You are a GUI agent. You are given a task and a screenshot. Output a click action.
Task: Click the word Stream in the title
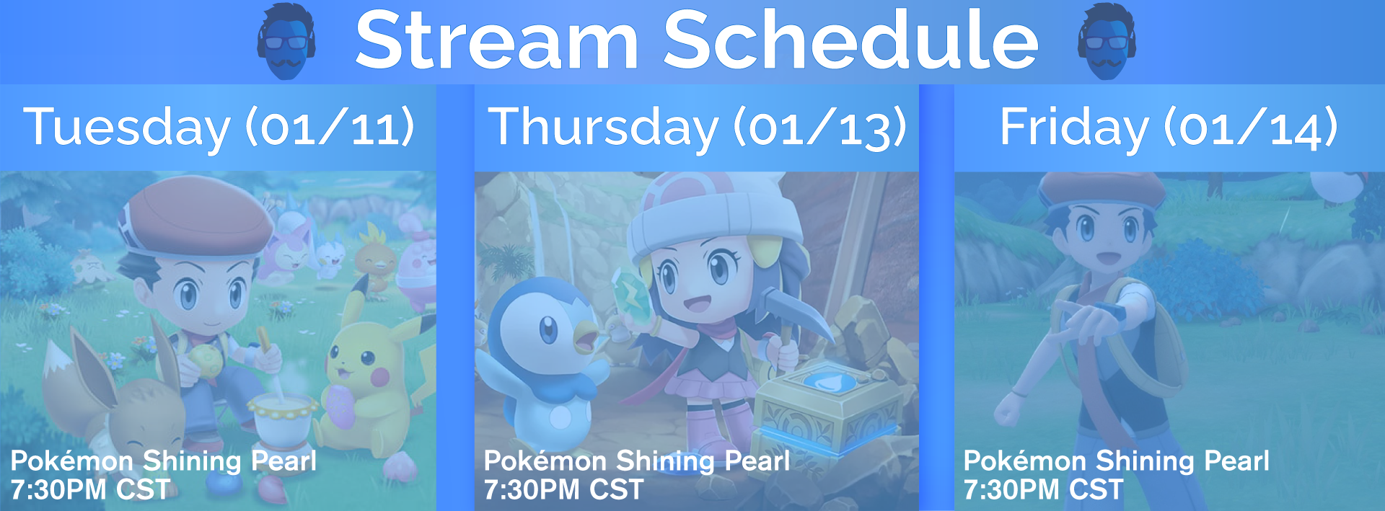tap(497, 40)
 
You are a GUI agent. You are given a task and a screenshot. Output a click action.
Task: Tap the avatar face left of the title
tap(286, 41)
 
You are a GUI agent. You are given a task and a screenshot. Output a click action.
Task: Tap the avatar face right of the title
tap(1107, 41)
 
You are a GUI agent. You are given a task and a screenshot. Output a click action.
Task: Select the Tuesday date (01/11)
tap(330, 128)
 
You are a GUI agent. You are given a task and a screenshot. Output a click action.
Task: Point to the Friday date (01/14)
tap(1251, 128)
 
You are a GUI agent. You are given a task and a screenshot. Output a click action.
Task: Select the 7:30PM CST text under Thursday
tap(563, 490)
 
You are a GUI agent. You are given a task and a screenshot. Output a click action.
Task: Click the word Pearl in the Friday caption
tap(1236, 461)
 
